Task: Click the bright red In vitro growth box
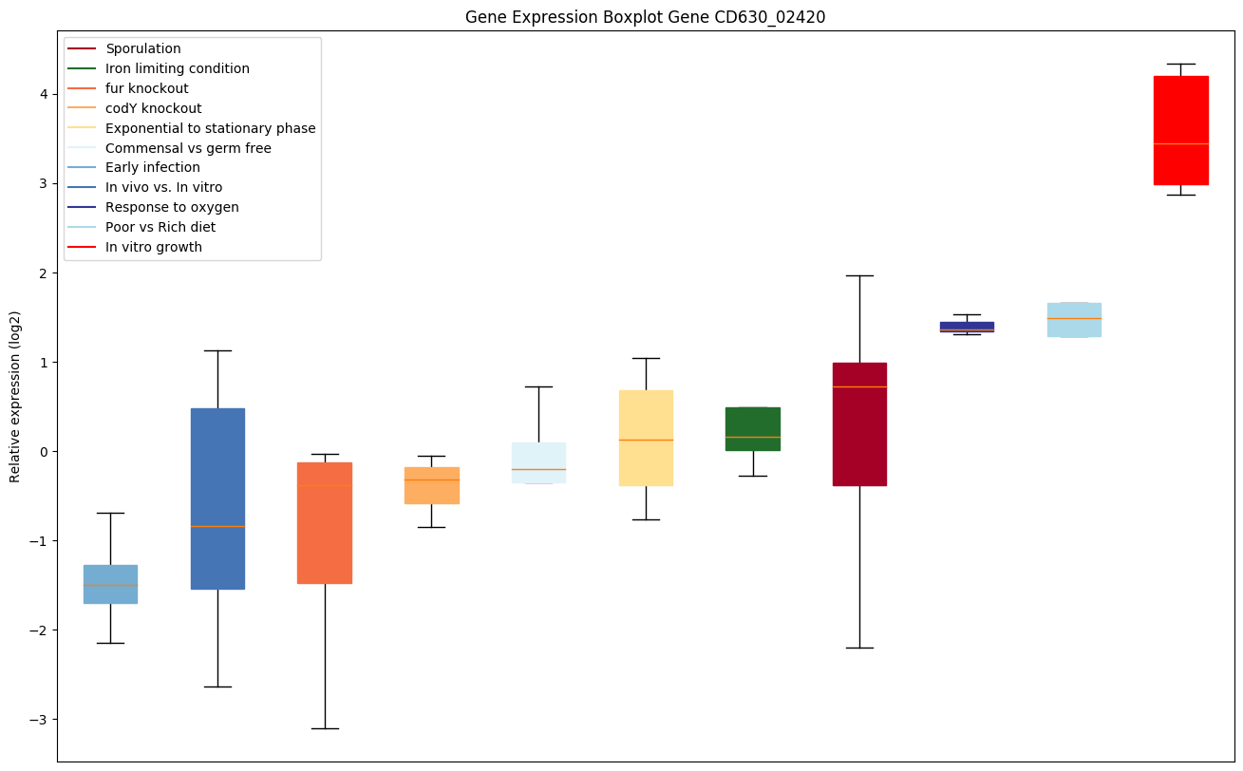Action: point(1180,130)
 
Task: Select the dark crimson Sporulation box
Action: point(859,423)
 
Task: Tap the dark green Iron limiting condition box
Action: point(753,429)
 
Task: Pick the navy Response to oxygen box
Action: point(967,327)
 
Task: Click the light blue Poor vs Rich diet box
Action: point(1074,320)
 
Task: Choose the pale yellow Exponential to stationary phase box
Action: point(646,438)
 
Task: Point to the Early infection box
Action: point(110,584)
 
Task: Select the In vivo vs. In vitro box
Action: point(217,498)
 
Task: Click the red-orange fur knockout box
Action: point(325,523)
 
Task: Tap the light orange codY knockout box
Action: point(432,485)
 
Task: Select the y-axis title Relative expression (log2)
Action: point(15,397)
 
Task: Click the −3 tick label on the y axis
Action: point(39,720)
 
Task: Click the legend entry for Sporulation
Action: point(143,48)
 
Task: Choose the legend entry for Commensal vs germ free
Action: point(188,148)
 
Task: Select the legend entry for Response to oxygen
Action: point(172,207)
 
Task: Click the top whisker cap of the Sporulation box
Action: point(859,275)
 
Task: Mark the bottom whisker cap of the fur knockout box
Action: point(325,728)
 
